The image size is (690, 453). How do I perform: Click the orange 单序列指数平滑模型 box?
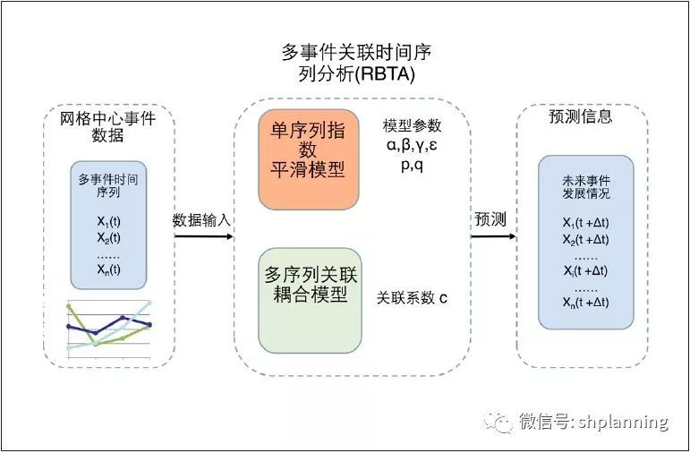(309, 159)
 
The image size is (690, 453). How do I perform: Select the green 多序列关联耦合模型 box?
(310, 300)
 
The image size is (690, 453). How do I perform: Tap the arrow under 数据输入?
(204, 236)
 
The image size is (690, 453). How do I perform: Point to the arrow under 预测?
(493, 236)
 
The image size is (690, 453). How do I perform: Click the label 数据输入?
(201, 220)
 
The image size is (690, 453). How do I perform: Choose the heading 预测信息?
(581, 116)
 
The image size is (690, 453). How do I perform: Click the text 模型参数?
(412, 126)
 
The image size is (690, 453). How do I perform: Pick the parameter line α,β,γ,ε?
(412, 145)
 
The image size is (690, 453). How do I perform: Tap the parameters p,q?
(413, 165)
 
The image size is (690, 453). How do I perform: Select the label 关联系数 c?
(412, 298)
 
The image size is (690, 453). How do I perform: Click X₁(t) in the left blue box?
(108, 221)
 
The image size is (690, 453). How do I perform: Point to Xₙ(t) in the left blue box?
(108, 269)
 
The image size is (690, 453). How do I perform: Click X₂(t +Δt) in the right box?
(585, 240)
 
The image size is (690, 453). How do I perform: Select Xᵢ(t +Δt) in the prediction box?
(585, 270)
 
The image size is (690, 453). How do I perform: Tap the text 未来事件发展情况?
(586, 187)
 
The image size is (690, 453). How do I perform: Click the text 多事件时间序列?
(108, 186)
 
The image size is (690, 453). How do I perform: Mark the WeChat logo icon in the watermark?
(498, 423)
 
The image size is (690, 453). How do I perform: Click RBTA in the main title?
(385, 74)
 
